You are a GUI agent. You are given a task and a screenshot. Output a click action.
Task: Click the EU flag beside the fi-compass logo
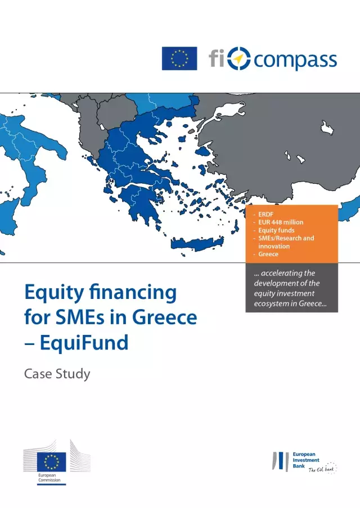[x=179, y=58]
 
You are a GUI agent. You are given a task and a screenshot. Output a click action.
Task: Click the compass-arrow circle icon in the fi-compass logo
[x=241, y=58]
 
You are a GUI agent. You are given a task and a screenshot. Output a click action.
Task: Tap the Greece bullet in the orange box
[x=268, y=255]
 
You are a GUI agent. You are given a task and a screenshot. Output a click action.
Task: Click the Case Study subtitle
[x=57, y=374]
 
